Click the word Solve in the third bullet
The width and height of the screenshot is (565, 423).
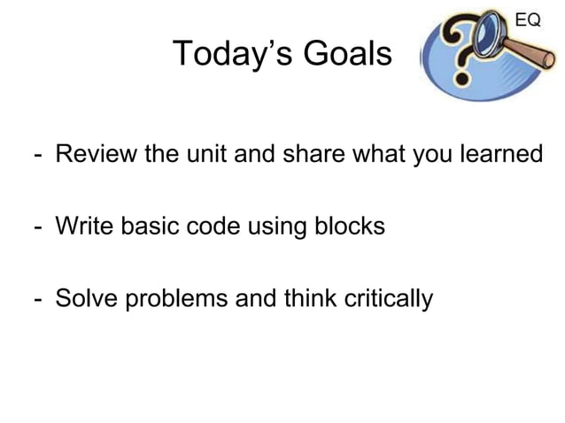(85, 299)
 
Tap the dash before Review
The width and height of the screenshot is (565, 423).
(38, 157)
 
